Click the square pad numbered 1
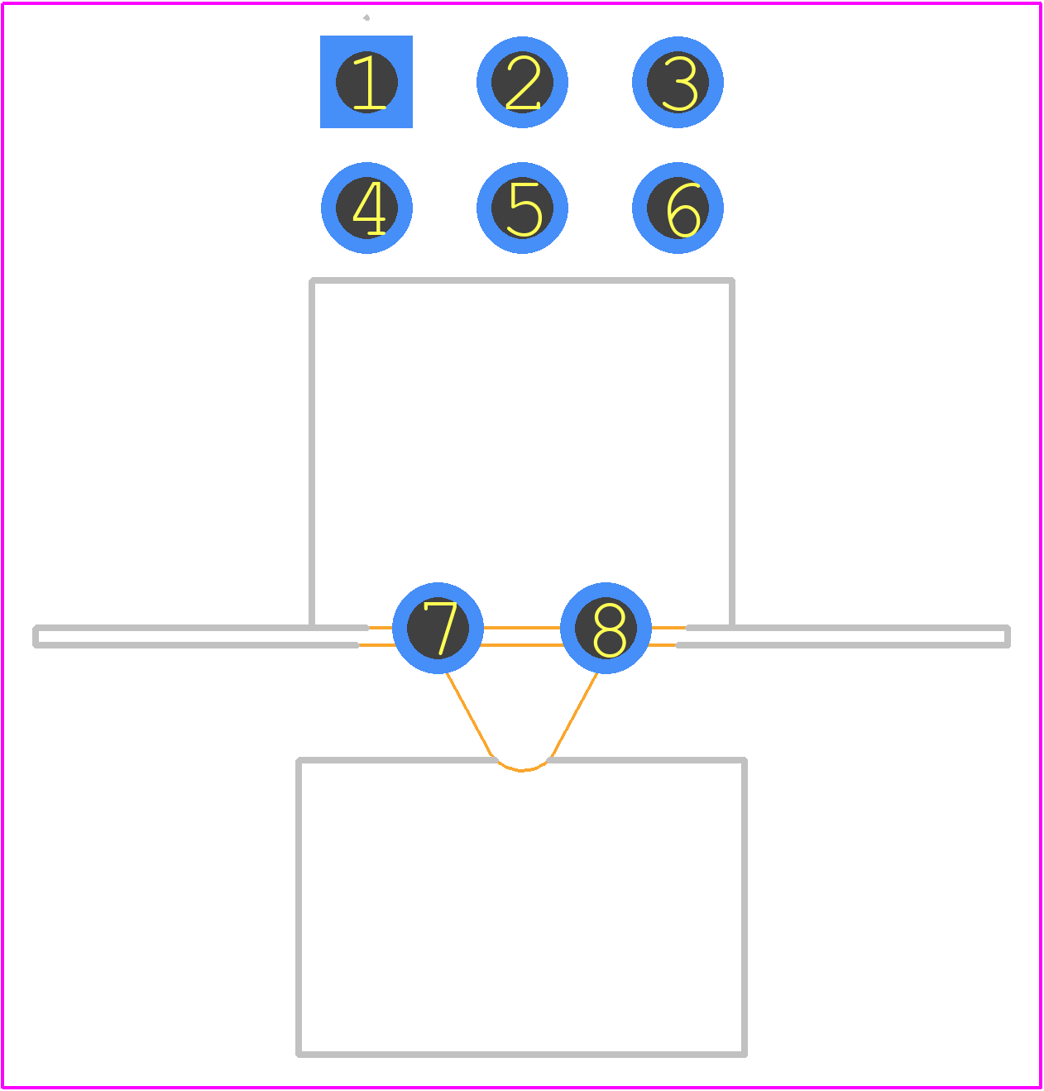click(366, 82)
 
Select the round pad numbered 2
click(522, 82)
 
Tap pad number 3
click(678, 82)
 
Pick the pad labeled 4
click(366, 208)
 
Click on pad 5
click(522, 208)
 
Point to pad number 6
click(678, 208)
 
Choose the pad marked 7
click(438, 628)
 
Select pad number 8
click(606, 628)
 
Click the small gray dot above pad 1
click(366, 17)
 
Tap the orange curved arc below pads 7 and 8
click(521, 770)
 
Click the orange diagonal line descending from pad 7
click(469, 715)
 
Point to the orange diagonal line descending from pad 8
click(574, 715)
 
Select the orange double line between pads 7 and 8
click(522, 636)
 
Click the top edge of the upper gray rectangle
click(522, 280)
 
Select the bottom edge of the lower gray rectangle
click(521, 1055)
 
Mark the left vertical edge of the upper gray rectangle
click(312, 452)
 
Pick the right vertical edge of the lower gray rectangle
click(744, 907)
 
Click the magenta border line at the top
click(522, 3)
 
